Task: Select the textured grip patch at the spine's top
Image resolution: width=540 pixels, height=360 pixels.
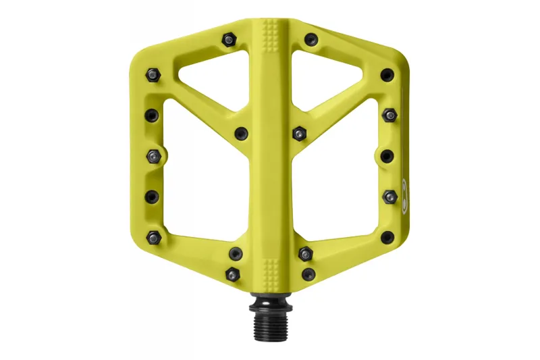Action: (x=272, y=34)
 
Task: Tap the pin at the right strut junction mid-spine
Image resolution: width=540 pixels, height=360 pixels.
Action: (x=300, y=133)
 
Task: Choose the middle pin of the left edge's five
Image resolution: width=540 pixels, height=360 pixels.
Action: (x=153, y=156)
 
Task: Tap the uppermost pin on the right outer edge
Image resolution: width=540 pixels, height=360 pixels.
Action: (x=387, y=74)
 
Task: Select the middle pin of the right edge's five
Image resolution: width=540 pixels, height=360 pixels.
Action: (x=387, y=156)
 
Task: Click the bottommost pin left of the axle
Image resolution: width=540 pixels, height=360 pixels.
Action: (x=234, y=274)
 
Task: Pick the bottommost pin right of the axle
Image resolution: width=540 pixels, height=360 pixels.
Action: (x=308, y=274)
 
